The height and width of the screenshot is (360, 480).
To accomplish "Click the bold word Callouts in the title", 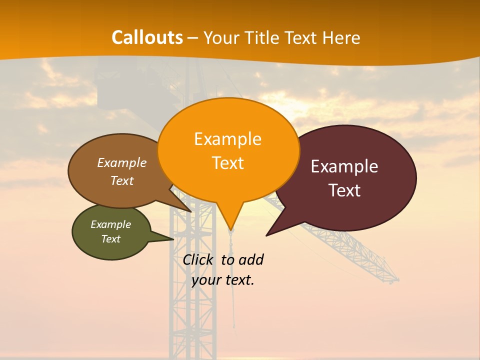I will tap(147, 37).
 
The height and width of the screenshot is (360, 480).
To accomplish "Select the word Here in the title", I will tap(341, 38).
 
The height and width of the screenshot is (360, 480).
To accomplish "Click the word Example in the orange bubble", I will tap(227, 138).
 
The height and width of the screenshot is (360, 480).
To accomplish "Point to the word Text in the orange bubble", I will tap(227, 163).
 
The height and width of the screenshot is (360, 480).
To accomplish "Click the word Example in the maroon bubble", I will tap(344, 166).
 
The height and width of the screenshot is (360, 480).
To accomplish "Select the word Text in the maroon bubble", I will tap(344, 190).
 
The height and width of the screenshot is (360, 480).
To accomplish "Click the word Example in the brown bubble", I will tap(122, 162).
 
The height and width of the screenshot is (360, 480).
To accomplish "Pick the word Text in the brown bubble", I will tap(122, 180).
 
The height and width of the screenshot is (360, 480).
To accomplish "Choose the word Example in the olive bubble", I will tap(110, 224).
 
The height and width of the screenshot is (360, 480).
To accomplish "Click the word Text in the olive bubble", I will tap(110, 239).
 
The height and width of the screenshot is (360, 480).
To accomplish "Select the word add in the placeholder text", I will tap(251, 259).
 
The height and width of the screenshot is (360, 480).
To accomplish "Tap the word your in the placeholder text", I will tap(205, 280).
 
